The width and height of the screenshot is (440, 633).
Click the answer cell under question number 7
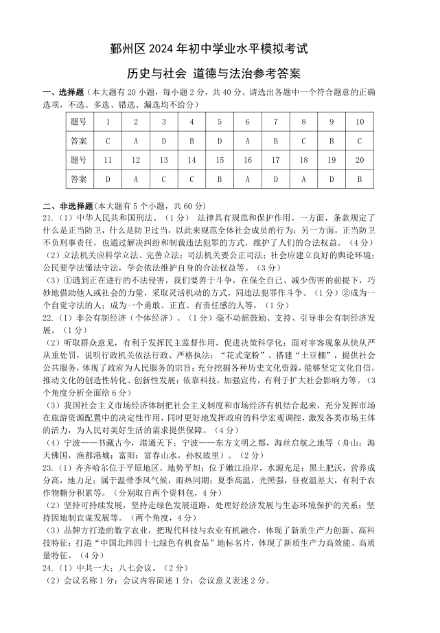click(275, 141)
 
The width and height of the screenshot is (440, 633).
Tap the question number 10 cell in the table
click(359, 122)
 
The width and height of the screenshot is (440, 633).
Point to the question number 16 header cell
click(247, 160)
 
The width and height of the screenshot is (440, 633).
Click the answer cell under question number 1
click(108, 141)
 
